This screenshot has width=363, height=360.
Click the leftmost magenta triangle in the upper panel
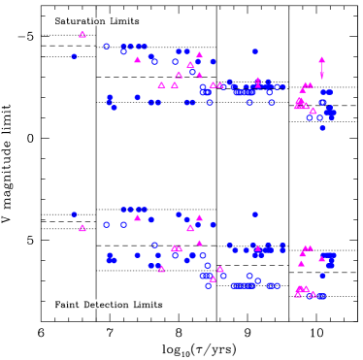pos(82,35)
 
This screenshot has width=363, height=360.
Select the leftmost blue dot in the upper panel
pos(74,56)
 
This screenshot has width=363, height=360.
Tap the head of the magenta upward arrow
pos(321,60)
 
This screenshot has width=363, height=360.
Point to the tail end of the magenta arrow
pos(321,77)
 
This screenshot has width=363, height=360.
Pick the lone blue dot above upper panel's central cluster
pos(254,51)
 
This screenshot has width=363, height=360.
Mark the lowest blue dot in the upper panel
pos(322,128)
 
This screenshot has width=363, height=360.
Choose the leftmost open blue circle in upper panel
pos(107,47)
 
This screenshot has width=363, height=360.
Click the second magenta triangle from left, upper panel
pos(137,60)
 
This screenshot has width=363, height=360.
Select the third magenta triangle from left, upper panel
pos(161,85)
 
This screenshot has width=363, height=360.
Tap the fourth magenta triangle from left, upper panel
pos(175,85)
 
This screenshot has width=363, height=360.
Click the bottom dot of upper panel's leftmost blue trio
pos(114,107)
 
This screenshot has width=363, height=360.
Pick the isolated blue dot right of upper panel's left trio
pos(137,97)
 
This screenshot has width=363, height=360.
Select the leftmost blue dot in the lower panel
pos(74,214)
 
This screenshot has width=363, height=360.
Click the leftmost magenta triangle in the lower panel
pos(82,229)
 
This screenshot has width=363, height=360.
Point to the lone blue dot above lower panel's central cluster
pos(254,214)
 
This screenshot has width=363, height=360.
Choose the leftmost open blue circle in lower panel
pos(107,225)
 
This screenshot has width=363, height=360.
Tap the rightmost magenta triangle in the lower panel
pos(321,259)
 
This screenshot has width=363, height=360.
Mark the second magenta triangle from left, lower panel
pos(137,217)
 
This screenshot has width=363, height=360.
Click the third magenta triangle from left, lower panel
pos(161,269)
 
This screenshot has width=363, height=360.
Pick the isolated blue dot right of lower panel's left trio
pos(137,255)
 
